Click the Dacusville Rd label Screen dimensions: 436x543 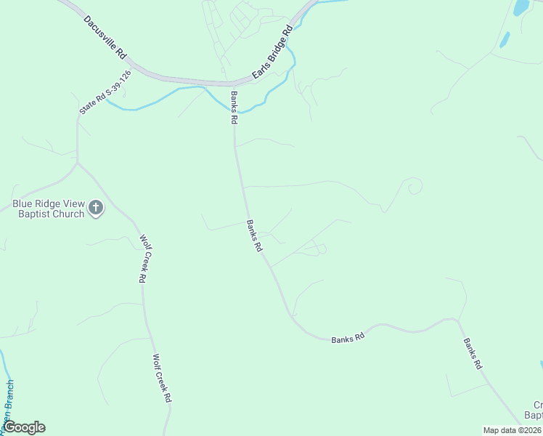(x=105, y=37)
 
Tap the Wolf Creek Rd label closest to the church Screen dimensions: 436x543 (x=142, y=259)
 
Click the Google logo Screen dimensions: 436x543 (x=24, y=427)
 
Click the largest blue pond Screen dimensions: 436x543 (x=521, y=8)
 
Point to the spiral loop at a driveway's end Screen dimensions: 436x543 (x=414, y=187)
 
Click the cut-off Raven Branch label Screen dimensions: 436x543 (x=7, y=404)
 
